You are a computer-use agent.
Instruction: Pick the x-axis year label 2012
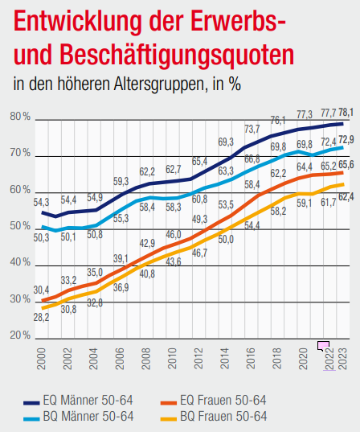tap(198, 356)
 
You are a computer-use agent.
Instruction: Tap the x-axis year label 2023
tap(344, 356)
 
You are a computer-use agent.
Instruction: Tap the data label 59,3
tap(121, 181)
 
